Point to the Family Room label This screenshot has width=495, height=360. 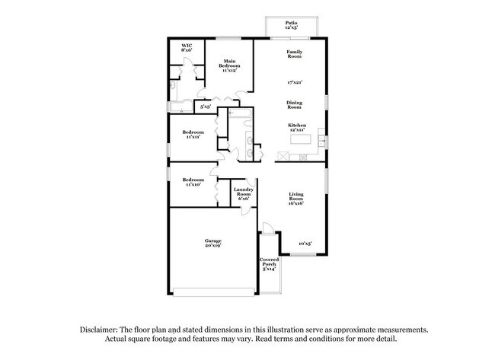pyautogui.click(x=295, y=54)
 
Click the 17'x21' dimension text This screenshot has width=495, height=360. pyautogui.click(x=295, y=81)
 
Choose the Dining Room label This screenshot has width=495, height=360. pyautogui.click(x=295, y=105)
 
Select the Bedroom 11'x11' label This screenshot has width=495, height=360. pyautogui.click(x=191, y=135)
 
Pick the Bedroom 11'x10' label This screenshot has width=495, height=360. pyautogui.click(x=191, y=182)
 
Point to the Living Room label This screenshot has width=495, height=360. pyautogui.click(x=296, y=199)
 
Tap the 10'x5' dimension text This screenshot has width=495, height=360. pyautogui.click(x=305, y=243)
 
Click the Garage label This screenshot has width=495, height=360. pyautogui.click(x=212, y=243)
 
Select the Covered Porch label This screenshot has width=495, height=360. pyautogui.click(x=270, y=263)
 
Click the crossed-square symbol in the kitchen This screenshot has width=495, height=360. pyautogui.click(x=283, y=156)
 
